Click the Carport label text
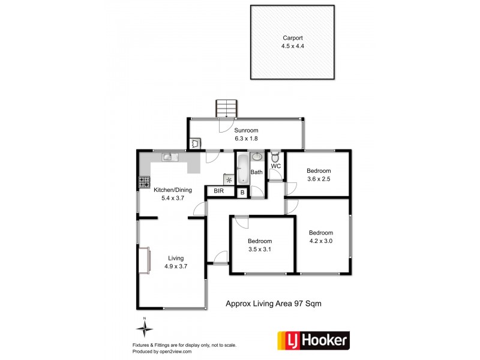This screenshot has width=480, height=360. pos(293,37)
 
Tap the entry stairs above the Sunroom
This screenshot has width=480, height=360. pos(227,109)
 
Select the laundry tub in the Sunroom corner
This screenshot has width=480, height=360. pos(195,143)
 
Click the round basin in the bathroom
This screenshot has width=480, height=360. pos(257,157)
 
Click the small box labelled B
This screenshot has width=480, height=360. pos(241,192)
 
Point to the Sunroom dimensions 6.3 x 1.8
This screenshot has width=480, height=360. pos(246,137)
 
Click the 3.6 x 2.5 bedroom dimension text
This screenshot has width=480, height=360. pos(319,178)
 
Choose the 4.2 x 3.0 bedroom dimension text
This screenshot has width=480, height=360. pos(320,241)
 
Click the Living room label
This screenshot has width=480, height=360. pos(176,259)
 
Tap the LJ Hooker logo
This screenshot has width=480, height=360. pos(313,341)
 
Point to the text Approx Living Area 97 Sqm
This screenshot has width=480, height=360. pos(273,304)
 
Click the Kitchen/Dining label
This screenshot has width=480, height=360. pos(173,190)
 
